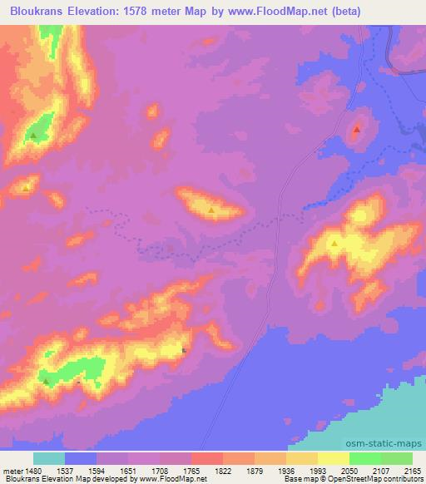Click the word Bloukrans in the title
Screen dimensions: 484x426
point(32,11)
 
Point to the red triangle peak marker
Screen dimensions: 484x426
point(357,130)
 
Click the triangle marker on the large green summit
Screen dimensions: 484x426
point(33,134)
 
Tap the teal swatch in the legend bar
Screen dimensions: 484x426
point(49,458)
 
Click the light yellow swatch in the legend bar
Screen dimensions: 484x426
point(333,458)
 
